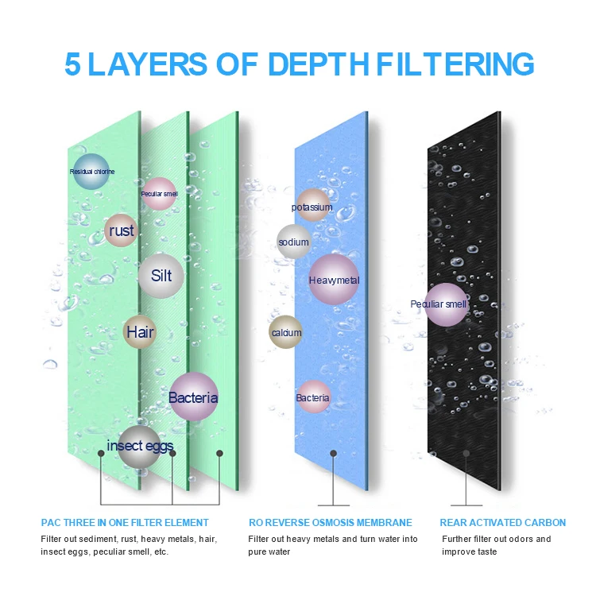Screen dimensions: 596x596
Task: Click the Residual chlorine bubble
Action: click(x=91, y=171)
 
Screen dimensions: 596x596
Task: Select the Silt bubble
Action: click(x=161, y=276)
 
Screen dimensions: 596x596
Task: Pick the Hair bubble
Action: click(x=140, y=332)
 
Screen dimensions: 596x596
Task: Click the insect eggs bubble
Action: click(x=140, y=446)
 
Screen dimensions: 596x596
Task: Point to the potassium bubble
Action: click(x=312, y=207)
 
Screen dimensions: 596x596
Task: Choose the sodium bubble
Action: click(x=293, y=242)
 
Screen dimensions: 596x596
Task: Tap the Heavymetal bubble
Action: click(x=334, y=280)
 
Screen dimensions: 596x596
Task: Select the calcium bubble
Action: click(x=286, y=332)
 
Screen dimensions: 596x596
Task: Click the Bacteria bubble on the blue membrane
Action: click(x=313, y=397)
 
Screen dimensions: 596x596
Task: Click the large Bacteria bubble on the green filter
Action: click(x=193, y=397)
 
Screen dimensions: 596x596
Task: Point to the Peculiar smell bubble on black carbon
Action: click(x=446, y=304)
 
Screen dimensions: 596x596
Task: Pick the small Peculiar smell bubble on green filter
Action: click(x=159, y=193)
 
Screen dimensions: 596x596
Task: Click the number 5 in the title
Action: click(x=73, y=64)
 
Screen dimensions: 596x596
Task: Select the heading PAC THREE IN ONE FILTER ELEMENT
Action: click(x=125, y=522)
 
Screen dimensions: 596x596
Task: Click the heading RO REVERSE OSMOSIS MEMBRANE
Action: click(x=330, y=522)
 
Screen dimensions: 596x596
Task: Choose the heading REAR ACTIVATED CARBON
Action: click(x=503, y=522)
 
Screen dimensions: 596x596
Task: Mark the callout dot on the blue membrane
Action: click(x=334, y=453)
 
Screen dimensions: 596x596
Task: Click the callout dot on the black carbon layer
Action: click(x=467, y=453)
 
